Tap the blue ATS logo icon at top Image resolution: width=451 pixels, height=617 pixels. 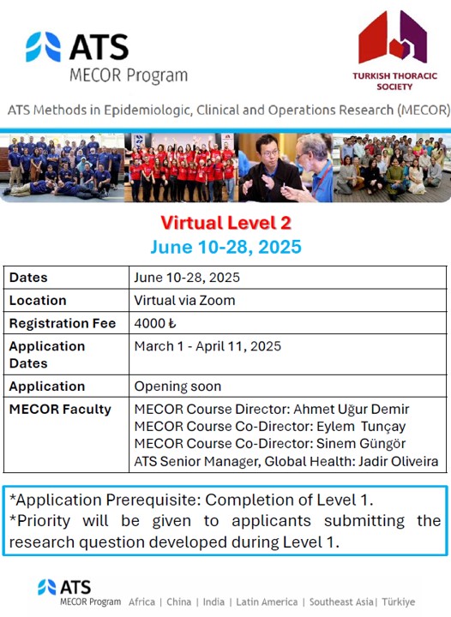coord(43,47)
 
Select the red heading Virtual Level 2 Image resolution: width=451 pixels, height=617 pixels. coord(225,224)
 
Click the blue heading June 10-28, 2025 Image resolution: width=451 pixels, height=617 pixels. coord(225,248)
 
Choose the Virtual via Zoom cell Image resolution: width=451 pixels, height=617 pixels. coord(184,300)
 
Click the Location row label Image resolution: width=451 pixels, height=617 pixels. coord(38,300)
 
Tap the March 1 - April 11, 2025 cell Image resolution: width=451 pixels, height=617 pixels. coord(207,346)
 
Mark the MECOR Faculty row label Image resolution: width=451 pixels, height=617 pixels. coord(60,410)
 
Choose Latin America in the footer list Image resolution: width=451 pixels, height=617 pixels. coord(266,602)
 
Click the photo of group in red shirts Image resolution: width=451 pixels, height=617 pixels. coord(180,167)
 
